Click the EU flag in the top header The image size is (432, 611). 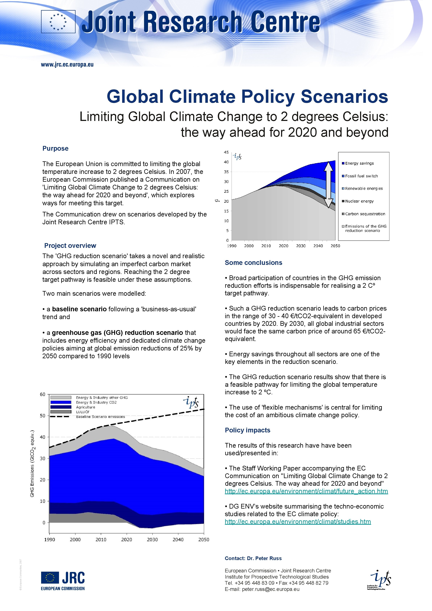pyautogui.click(x=58, y=22)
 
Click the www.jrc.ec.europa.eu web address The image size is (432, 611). pyautogui.click(x=67, y=64)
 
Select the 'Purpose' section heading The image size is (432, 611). pyautogui.click(x=55, y=148)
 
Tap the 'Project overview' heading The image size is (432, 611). pyautogui.click(x=70, y=246)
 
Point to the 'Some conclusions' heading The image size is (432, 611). pyautogui.click(x=254, y=263)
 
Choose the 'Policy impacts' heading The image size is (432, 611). pyautogui.click(x=247, y=430)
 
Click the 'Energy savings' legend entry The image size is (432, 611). pyautogui.click(x=359, y=163)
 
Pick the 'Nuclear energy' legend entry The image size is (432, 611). pyautogui.click(x=359, y=201)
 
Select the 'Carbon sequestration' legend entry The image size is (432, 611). pyautogui.click(x=365, y=214)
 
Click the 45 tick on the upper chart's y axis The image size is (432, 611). pyautogui.click(x=226, y=152)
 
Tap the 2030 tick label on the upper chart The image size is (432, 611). pyautogui.click(x=301, y=246)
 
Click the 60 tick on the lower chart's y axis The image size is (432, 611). pyautogui.click(x=43, y=394)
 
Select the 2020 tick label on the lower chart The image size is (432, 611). pyautogui.click(x=127, y=540)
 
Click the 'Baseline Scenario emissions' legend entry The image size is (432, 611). pyautogui.click(x=100, y=417)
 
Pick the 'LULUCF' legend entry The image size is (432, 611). pyautogui.click(x=83, y=412)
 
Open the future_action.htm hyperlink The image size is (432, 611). pyautogui.click(x=306, y=491)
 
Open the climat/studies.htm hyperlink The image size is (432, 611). pyautogui.click(x=298, y=522)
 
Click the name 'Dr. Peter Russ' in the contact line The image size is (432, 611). pyautogui.click(x=264, y=558)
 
